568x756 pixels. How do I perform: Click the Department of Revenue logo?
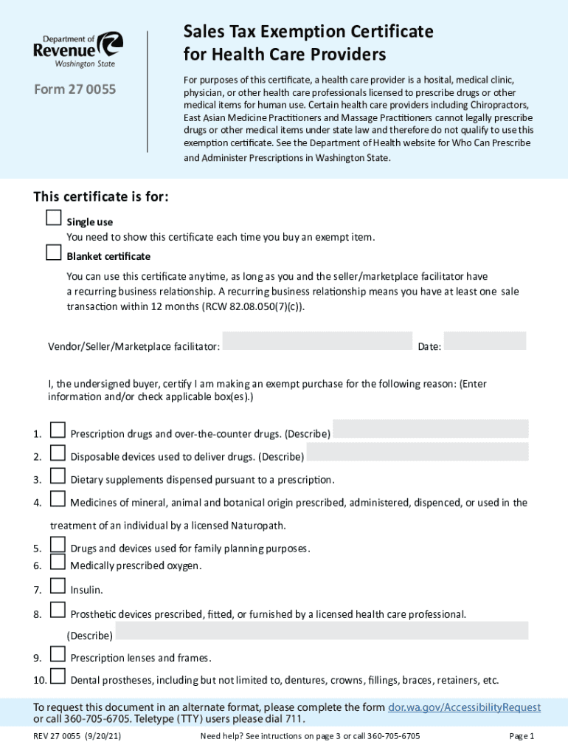[77, 49]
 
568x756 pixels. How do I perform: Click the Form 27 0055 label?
[75, 90]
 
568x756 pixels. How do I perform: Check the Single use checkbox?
[53, 218]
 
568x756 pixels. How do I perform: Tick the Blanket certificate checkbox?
[53, 253]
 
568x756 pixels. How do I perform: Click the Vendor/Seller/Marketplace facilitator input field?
[316, 341]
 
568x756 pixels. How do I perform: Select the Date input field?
[485, 341]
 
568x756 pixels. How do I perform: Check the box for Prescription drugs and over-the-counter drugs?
[58, 430]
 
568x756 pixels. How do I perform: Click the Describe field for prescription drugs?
[431, 429]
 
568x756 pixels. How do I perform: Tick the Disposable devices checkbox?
[58, 453]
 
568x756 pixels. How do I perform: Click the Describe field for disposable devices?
[418, 452]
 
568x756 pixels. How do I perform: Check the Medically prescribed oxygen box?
[58, 563]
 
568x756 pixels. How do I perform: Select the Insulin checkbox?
[58, 586]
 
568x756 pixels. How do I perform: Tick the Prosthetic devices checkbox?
[58, 610]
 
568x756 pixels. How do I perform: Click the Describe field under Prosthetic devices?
[322, 630]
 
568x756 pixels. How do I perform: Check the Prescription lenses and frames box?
[58, 654]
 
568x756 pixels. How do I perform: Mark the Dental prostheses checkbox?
[58, 677]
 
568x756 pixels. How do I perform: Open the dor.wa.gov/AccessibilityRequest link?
[464, 707]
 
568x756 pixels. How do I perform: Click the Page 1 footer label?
[522, 736]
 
